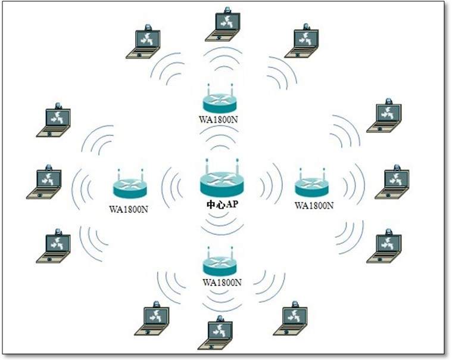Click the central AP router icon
tap(221, 179)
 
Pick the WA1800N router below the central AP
tap(220, 262)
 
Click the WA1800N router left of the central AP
tap(130, 187)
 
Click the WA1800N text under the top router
tap(220, 118)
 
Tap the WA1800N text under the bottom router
tap(222, 281)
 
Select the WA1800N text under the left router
tap(129, 208)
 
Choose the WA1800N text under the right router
tap(314, 205)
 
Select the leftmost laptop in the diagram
tap(45, 183)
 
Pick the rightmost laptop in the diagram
tap(392, 183)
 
